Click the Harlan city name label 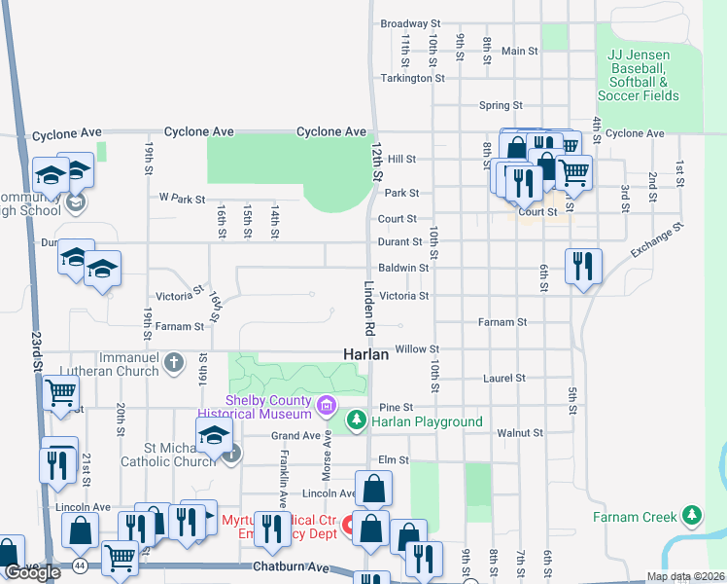(365, 355)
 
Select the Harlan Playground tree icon (358, 420)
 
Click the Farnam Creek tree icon (691, 514)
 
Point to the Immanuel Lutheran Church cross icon (174, 363)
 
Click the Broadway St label (410, 23)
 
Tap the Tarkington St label (412, 78)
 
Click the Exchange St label (657, 240)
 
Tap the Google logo (31, 573)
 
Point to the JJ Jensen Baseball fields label (639, 76)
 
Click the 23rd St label (36, 351)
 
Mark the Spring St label (501, 105)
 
